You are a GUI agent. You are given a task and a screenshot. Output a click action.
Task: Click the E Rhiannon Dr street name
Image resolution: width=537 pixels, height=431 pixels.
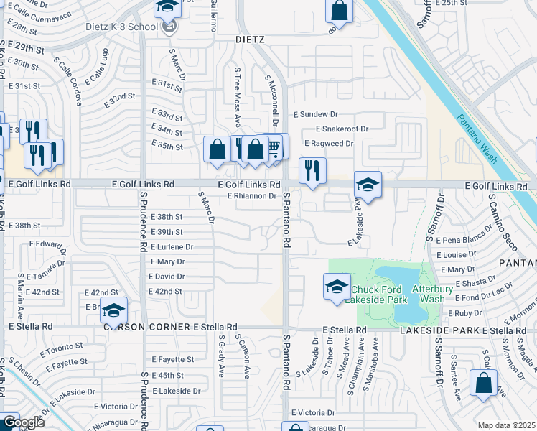click(251, 195)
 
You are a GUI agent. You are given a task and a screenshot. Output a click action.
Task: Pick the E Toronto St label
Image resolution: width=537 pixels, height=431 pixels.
click(65, 351)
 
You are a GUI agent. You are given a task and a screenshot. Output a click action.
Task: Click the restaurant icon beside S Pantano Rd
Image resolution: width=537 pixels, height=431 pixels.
click(312, 171)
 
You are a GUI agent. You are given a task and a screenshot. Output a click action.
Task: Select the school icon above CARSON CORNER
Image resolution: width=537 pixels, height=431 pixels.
click(113, 310)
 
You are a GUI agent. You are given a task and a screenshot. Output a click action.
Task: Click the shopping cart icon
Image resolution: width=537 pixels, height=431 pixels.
click(274, 147)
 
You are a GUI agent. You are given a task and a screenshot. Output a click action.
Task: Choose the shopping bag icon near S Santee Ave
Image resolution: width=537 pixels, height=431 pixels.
click(483, 383)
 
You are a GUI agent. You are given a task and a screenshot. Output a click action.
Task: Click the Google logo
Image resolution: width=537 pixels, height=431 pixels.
click(23, 422)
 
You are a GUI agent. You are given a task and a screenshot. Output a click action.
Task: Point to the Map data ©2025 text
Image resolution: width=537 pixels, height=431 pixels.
click(505, 425)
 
